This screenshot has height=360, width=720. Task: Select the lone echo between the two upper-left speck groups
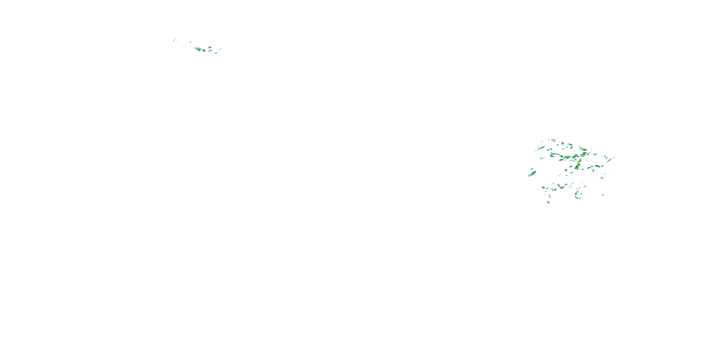pos(191,42)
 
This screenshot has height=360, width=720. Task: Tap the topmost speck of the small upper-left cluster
pos(175,39)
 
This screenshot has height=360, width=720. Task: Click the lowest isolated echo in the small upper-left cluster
pos(216,53)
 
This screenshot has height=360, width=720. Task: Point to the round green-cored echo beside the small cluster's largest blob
pos(204,51)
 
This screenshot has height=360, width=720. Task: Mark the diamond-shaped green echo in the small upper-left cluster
pos(210,48)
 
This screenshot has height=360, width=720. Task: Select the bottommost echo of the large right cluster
pos(548,202)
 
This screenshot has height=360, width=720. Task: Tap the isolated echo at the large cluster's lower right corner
pos(603,195)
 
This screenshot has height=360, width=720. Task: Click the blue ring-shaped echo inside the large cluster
pos(566,170)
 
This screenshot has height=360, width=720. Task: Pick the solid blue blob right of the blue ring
pos(593,170)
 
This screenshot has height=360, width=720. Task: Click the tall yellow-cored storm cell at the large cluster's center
pos(577,166)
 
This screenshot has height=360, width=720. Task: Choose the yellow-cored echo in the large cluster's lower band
pos(562,187)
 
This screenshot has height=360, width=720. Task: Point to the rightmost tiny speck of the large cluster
pos(614,158)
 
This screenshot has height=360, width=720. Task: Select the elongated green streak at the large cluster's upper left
pos(542,148)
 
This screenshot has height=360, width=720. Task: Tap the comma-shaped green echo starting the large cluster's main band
pos(552,156)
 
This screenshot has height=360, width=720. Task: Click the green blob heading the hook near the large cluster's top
pos(571,145)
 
